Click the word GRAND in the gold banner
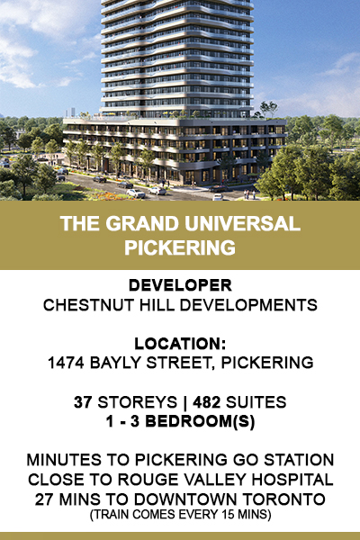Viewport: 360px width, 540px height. (x=142, y=224)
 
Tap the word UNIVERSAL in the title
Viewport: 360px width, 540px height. (x=242, y=224)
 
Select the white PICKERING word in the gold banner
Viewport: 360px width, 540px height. (x=180, y=247)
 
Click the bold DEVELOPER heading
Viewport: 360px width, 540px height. (x=180, y=285)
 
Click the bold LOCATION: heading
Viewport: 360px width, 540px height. (x=180, y=344)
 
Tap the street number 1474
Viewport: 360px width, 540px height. (x=66, y=363)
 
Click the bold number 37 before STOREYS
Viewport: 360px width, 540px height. (x=83, y=402)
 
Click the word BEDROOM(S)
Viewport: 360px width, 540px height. (x=200, y=421)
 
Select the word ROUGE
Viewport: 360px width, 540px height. (x=148, y=480)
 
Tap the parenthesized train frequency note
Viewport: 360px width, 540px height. (x=181, y=515)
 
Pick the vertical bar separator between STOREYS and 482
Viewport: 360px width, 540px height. (x=185, y=402)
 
